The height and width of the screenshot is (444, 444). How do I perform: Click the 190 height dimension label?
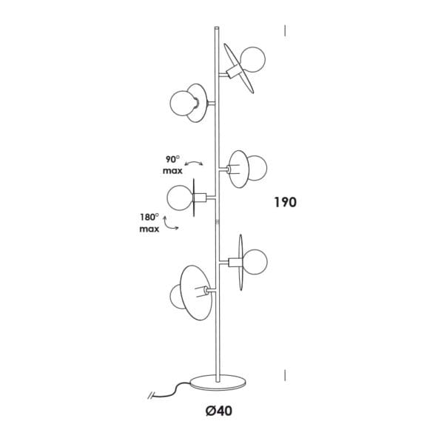click(286, 202)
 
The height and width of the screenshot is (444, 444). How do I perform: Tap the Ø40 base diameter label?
click(219, 411)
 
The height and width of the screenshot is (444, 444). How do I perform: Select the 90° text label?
click(172, 159)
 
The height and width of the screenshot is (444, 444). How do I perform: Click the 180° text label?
click(149, 218)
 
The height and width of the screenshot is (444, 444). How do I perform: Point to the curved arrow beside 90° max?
click(194, 162)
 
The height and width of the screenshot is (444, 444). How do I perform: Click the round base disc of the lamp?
click(218, 383)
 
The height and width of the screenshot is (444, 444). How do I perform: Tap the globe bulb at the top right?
click(252, 60)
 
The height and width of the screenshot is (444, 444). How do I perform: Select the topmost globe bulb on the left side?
click(184, 104)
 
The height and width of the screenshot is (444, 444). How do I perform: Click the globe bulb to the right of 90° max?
click(257, 168)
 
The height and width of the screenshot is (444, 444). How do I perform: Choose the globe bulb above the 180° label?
click(180, 198)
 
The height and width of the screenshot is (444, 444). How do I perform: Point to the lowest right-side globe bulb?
click(255, 262)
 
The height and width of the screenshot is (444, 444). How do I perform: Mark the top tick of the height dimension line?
click(285, 30)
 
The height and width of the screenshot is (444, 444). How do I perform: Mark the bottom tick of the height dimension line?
click(285, 375)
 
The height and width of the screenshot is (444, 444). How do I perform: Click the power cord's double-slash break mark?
click(151, 395)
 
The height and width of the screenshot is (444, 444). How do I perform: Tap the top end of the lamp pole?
click(217, 27)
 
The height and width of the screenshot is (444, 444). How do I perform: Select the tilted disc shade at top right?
click(239, 68)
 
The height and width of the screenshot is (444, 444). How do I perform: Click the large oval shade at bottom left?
click(196, 293)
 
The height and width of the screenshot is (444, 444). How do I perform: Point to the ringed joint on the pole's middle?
click(217, 221)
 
